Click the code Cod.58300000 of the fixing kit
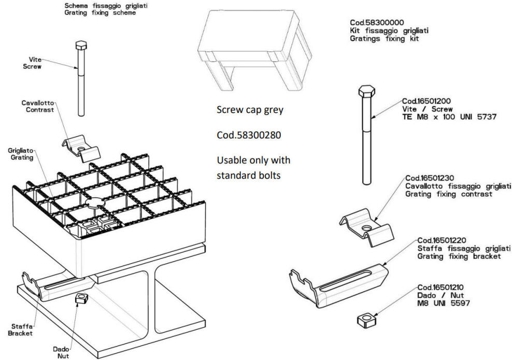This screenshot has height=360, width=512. [377, 22]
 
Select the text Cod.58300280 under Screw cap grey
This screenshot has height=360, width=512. [249, 135]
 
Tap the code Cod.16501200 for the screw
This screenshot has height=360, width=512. [426, 101]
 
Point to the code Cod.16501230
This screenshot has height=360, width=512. [430, 178]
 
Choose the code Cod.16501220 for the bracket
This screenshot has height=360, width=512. [442, 240]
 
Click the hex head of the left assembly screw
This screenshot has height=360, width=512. [81, 45]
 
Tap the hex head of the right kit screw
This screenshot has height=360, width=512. [367, 91]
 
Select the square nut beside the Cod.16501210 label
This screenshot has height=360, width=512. [367, 320]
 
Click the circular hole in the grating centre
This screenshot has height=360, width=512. [95, 203]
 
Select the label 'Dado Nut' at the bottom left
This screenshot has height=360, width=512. [61, 353]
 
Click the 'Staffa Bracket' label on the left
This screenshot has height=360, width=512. [20, 329]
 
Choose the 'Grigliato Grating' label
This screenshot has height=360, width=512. [21, 154]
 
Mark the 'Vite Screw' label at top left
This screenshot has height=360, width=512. [32, 63]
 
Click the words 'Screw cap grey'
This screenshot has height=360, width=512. [250, 110]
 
